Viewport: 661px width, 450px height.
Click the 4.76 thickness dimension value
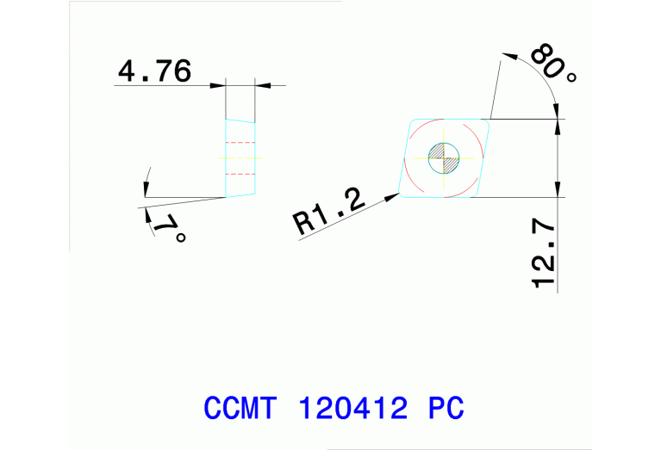point(154,71)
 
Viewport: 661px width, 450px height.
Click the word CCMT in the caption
point(240,408)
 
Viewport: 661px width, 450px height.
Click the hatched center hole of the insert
point(445,156)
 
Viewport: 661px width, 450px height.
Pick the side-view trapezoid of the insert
point(240,157)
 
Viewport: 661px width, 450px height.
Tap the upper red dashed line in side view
point(240,142)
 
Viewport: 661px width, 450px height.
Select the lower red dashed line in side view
point(240,174)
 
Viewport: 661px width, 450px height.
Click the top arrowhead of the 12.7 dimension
point(558,124)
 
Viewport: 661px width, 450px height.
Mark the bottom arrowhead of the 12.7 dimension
point(558,191)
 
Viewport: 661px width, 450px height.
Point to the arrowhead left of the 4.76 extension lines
point(218,84)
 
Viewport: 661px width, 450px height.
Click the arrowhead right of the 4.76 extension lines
point(262,84)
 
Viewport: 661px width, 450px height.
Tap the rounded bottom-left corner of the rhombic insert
point(402,193)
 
